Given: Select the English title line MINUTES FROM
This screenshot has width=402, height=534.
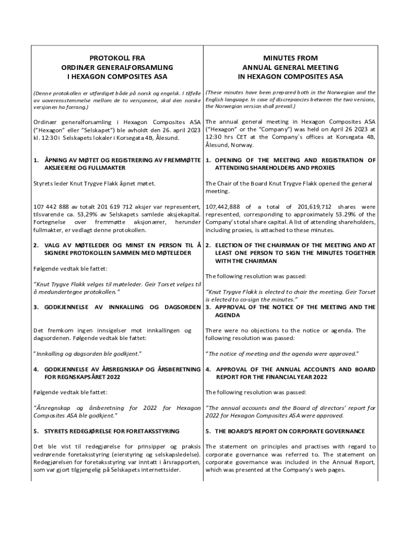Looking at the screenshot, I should (x=290, y=58).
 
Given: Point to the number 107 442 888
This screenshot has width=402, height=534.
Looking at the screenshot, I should (x=54, y=207).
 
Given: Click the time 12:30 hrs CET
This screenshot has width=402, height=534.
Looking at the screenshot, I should (x=226, y=137).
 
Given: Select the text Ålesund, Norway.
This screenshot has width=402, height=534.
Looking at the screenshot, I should (x=229, y=145).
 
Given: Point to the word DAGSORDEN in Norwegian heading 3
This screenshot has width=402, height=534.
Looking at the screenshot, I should (x=183, y=307).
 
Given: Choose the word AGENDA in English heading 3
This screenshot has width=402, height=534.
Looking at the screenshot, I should (x=228, y=315).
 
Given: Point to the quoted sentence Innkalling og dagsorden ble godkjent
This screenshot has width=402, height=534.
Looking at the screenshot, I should (x=88, y=354).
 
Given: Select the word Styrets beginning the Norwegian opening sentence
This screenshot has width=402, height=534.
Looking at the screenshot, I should (x=44, y=184).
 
